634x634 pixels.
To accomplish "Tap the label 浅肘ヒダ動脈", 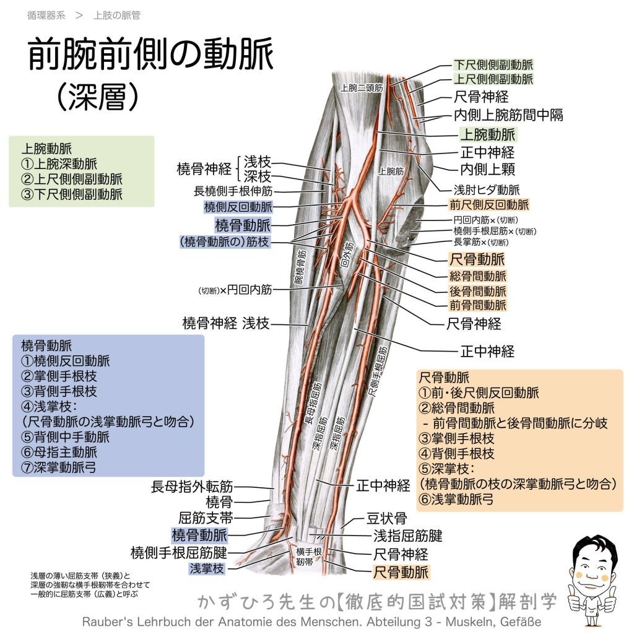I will (487, 189).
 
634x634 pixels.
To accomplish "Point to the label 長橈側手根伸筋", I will (233, 191).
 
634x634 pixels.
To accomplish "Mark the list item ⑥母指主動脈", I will (59, 452).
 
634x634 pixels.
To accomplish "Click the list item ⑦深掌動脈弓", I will (59, 467).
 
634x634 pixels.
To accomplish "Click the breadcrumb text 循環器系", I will (46, 15).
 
